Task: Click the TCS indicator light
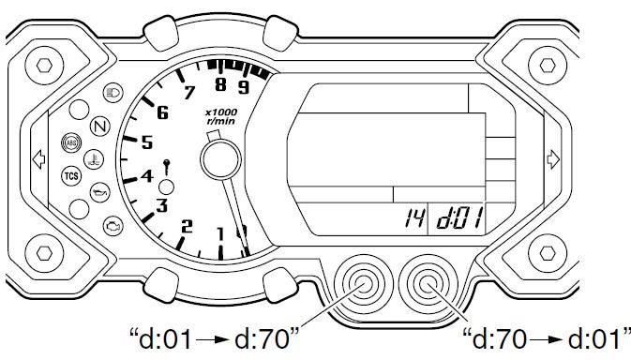tap(71, 176)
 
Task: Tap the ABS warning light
tap(71, 142)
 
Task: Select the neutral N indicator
tap(99, 127)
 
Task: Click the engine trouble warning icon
tap(113, 226)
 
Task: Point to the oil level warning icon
tap(99, 193)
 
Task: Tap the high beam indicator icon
tap(113, 93)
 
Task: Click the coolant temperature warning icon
tap(94, 159)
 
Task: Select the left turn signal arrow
tap(38, 159)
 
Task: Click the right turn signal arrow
tap(553, 159)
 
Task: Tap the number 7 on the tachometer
tap(189, 93)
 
